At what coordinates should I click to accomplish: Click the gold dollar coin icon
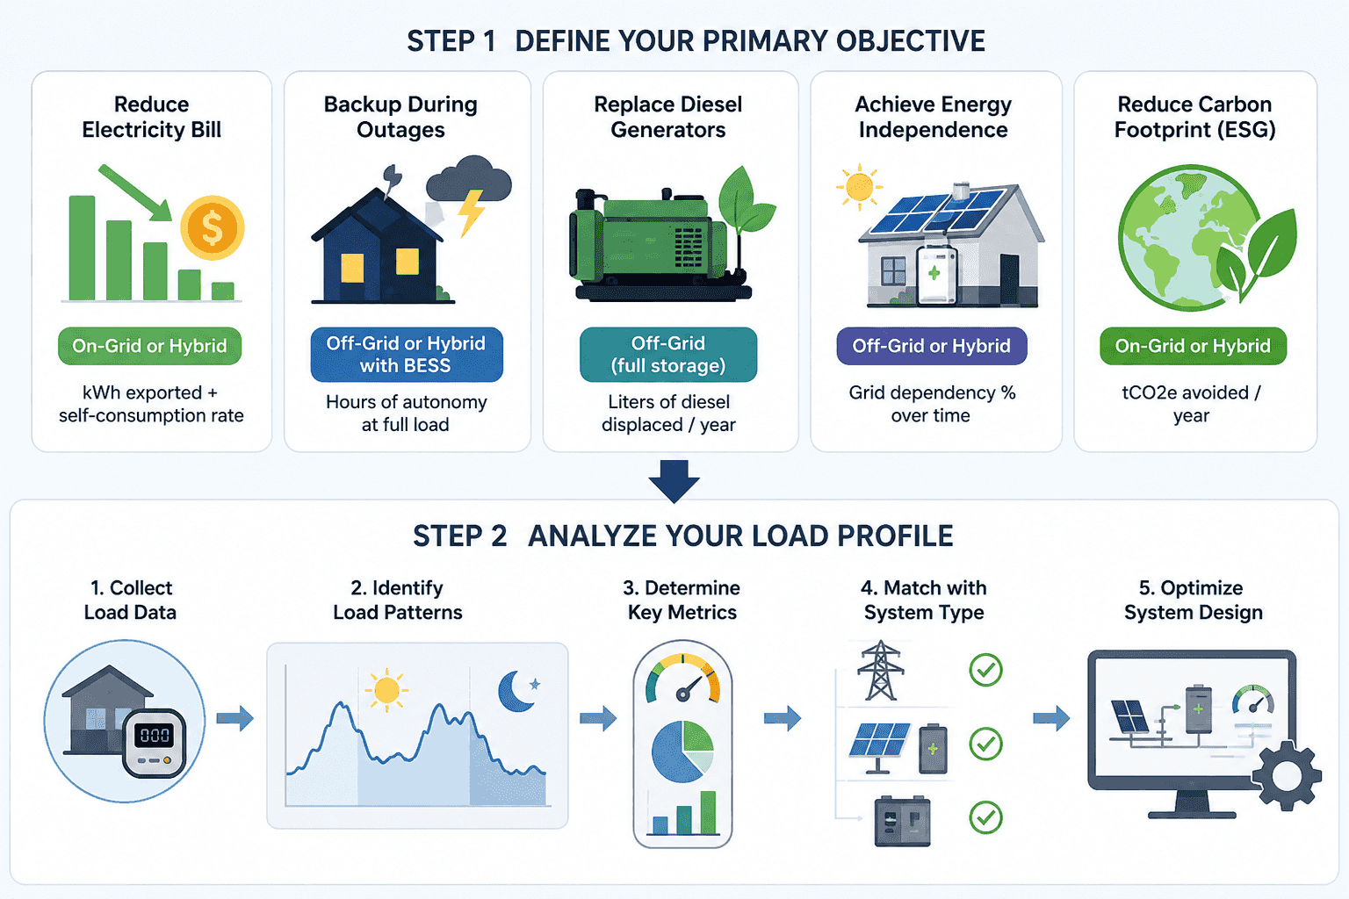click(212, 227)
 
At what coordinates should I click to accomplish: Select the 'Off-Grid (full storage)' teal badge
click(667, 354)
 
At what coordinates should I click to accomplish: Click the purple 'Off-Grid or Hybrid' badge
click(932, 346)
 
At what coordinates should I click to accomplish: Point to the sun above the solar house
click(860, 187)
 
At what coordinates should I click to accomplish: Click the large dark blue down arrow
click(674, 481)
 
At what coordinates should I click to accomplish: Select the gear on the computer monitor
click(1287, 775)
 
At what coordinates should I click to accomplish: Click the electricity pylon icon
click(881, 670)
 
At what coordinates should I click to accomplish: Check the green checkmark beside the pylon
click(986, 670)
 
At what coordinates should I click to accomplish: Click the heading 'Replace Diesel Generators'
click(667, 117)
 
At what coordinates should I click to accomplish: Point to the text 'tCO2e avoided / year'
click(1191, 404)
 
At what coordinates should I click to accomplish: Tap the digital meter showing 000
click(155, 742)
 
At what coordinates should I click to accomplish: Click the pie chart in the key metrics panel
click(682, 752)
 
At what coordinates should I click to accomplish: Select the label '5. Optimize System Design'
click(1193, 600)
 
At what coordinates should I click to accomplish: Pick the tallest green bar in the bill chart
click(82, 248)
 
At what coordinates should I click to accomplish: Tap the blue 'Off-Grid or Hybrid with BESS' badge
click(407, 354)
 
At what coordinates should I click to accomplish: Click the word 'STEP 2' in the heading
click(459, 536)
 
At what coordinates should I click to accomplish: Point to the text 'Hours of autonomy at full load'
click(407, 414)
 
